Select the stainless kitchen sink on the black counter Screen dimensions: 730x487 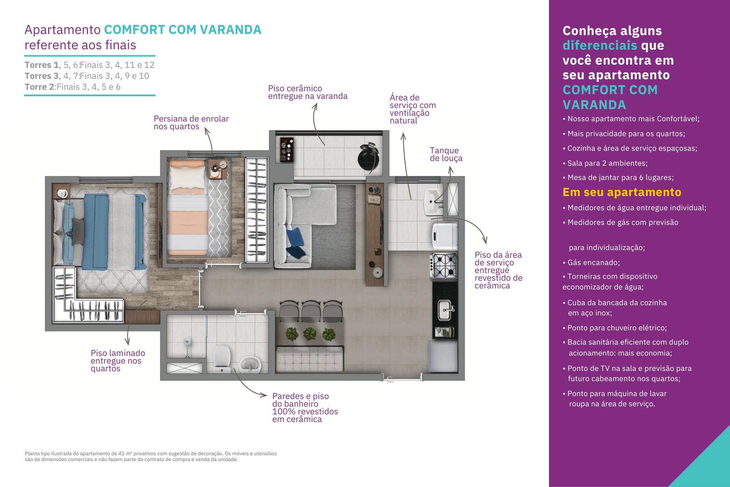click(x=445, y=310)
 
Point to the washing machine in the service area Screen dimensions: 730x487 click(x=445, y=236)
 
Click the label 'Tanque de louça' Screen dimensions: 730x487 click(x=446, y=154)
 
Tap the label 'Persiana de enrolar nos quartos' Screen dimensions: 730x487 click(x=191, y=123)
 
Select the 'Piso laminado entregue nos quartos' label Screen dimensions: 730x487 click(x=118, y=361)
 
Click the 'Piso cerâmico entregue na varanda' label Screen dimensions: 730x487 click(x=308, y=92)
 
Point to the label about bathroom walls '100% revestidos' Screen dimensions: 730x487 click(x=305, y=408)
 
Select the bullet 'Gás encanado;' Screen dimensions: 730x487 click(x=591, y=262)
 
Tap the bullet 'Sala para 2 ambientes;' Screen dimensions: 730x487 click(x=605, y=163)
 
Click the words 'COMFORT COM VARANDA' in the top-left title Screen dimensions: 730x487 click(x=183, y=30)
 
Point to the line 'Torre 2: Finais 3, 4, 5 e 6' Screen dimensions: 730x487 click(x=73, y=87)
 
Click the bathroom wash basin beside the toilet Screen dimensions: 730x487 click(x=250, y=364)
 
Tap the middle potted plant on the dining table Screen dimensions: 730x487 click(x=310, y=334)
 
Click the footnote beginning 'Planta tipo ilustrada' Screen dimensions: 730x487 click(x=151, y=456)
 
